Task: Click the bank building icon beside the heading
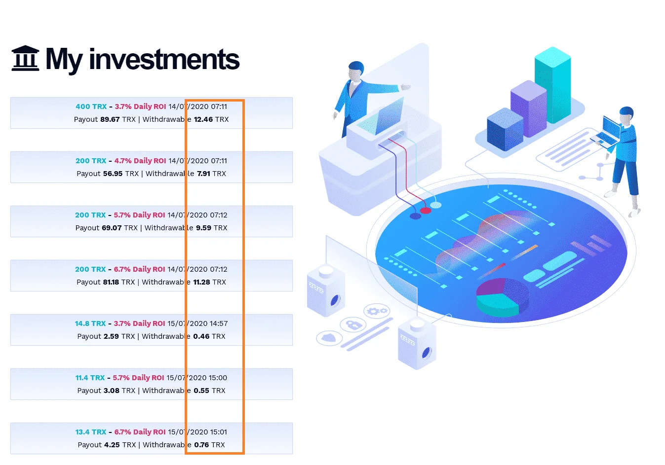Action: [x=25, y=58]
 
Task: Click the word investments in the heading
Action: [x=164, y=60]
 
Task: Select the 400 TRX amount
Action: [x=91, y=107]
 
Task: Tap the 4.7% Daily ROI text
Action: [x=140, y=161]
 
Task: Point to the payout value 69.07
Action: [x=112, y=228]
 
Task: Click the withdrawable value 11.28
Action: [x=201, y=282]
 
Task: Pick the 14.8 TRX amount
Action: [x=90, y=323]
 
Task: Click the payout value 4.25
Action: [x=112, y=445]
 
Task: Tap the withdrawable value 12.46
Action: [x=203, y=119]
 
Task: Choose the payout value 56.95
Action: [x=113, y=174]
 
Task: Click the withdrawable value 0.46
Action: [x=201, y=336]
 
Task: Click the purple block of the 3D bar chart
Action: [x=528, y=108]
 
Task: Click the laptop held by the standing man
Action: [x=606, y=133]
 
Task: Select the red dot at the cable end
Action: [x=426, y=211]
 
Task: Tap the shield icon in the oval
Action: [x=329, y=338]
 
